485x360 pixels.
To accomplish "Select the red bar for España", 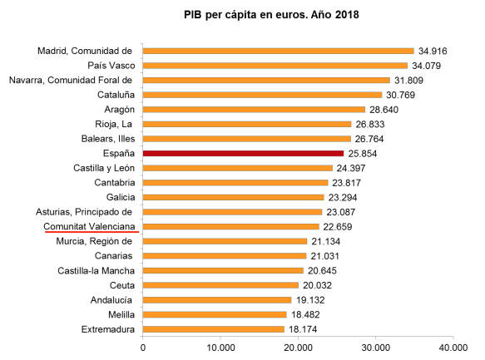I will click(x=243, y=153).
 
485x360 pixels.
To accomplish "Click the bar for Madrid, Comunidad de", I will click(x=278, y=51).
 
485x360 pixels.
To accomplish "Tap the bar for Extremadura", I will click(x=213, y=330).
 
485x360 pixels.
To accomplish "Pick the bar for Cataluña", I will click(x=262, y=95).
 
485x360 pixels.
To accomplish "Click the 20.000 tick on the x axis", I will click(x=298, y=346).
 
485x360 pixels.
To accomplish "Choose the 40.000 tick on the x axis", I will click(x=453, y=346).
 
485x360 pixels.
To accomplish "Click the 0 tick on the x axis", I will click(x=143, y=346).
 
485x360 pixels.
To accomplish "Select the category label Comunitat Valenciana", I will click(x=91, y=226).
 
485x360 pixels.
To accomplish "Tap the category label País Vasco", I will click(x=111, y=66).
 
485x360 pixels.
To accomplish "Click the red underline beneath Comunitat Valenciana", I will click(x=91, y=234).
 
